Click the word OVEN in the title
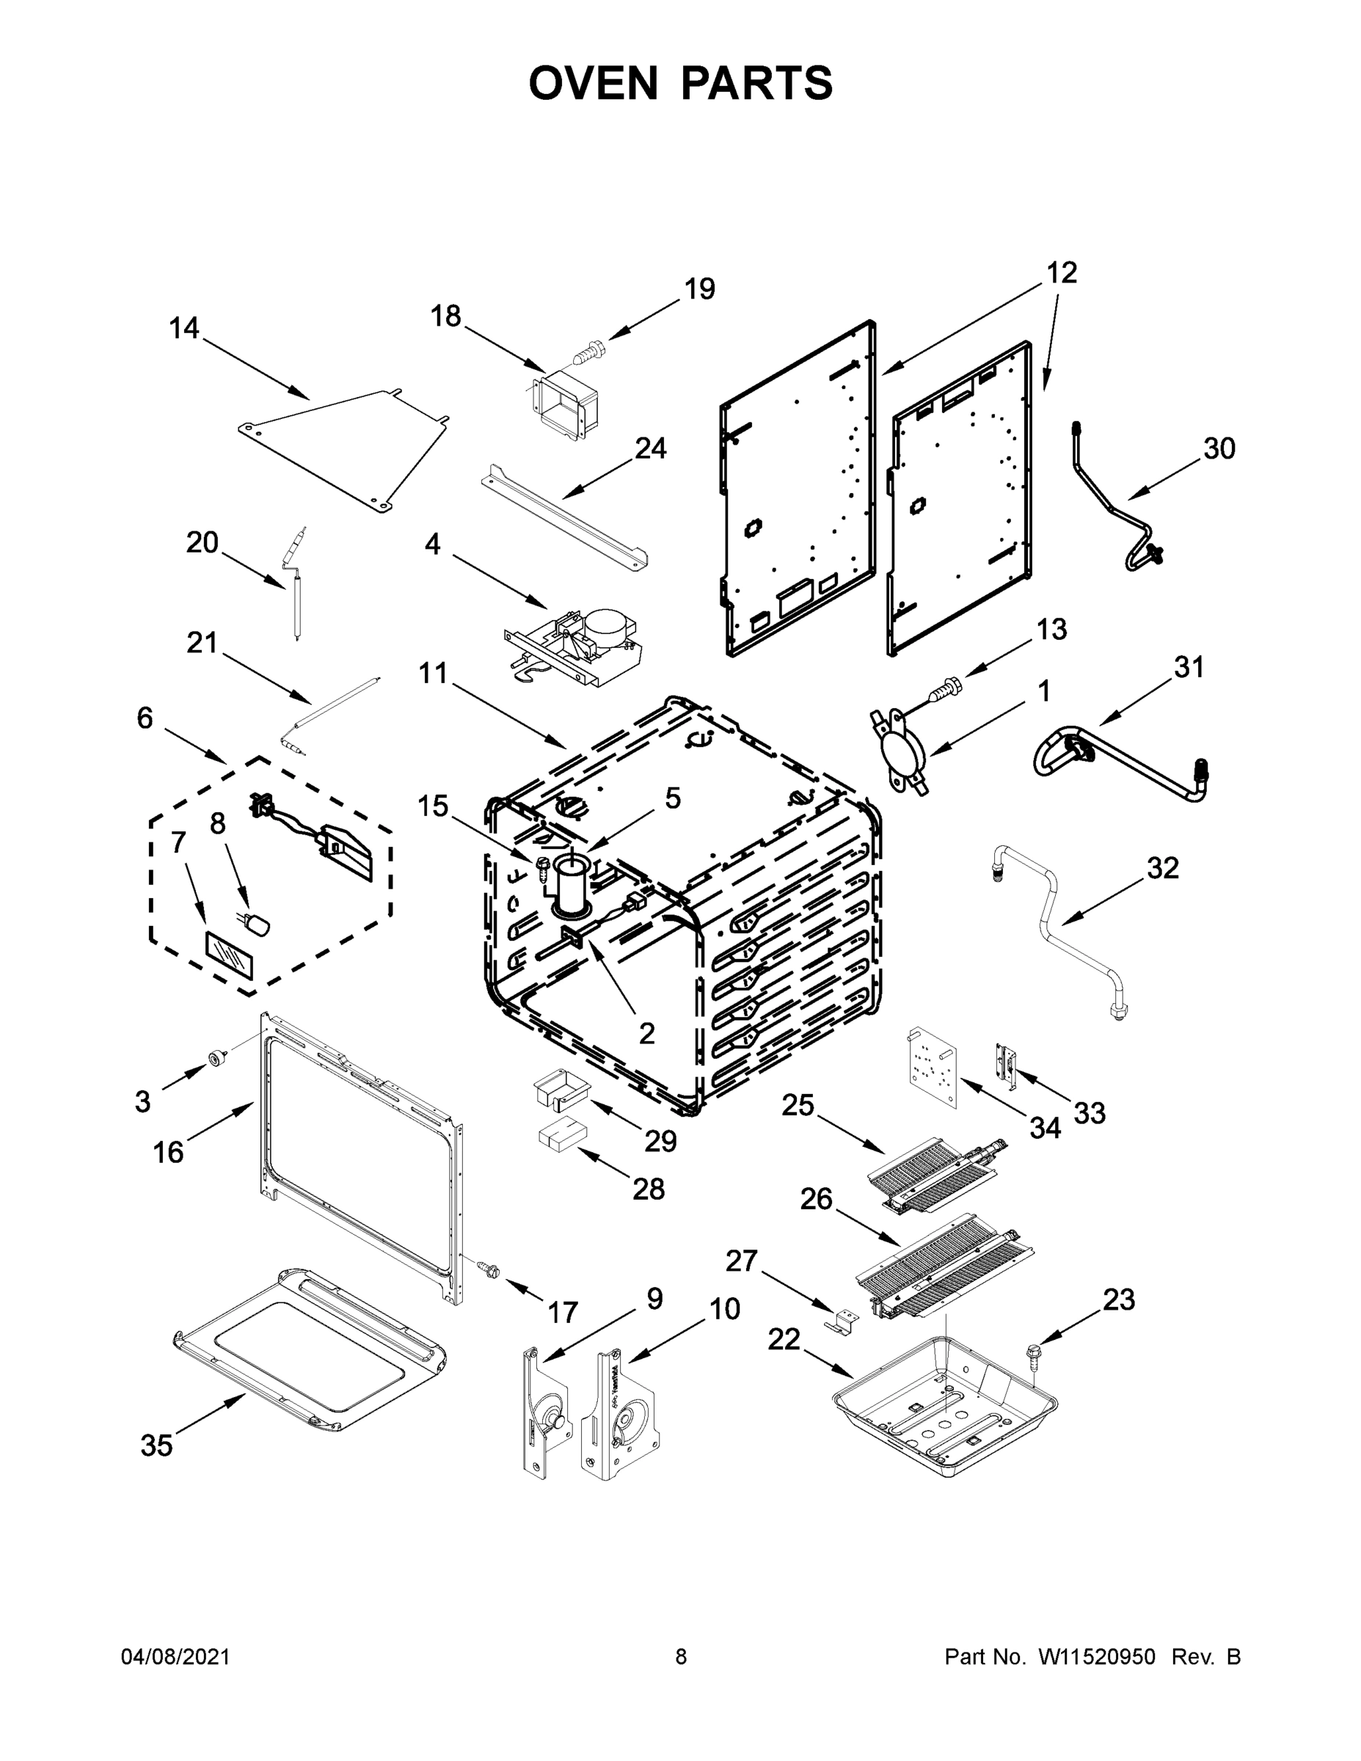(594, 83)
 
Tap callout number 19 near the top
(699, 288)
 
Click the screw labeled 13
(944, 690)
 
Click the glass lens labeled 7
(229, 954)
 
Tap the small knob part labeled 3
(216, 1059)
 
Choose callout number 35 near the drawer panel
(156, 1445)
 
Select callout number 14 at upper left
(184, 328)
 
